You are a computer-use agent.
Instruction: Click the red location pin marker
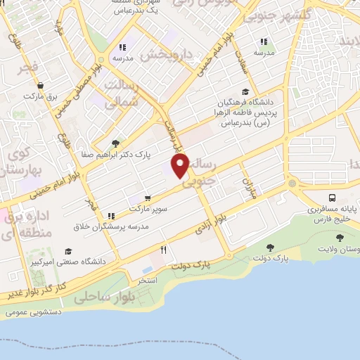point(181,167)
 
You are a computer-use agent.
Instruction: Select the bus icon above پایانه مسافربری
point(332,198)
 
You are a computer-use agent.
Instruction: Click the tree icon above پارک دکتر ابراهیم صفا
point(115,143)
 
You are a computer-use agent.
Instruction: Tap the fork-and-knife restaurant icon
point(164,249)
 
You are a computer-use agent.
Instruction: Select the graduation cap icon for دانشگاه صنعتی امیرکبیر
point(68,251)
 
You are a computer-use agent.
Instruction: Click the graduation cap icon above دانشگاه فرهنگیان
point(245,91)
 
